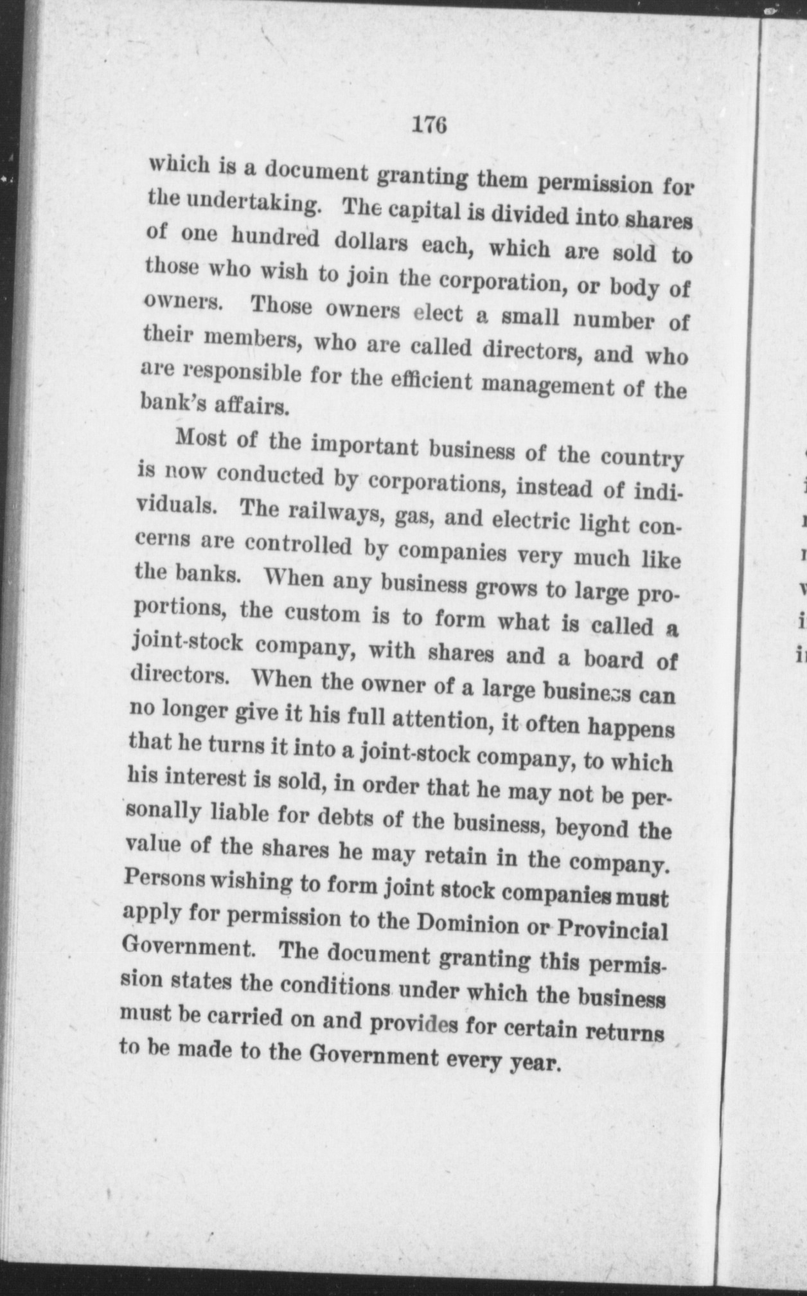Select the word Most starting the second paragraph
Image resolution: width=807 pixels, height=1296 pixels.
(x=199, y=439)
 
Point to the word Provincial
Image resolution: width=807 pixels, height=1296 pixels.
(x=610, y=930)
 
